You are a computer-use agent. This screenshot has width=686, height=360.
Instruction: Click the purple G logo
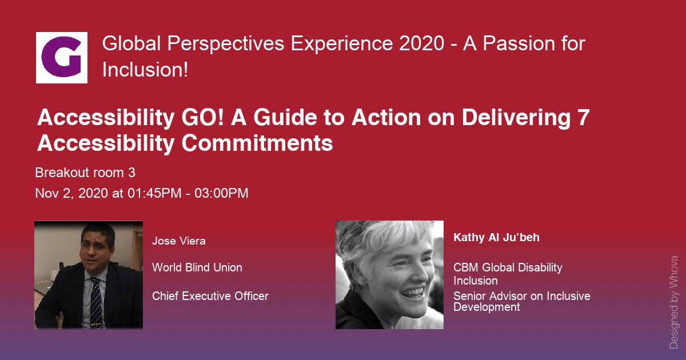click(62, 57)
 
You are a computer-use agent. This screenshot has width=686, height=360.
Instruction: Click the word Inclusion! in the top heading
click(145, 70)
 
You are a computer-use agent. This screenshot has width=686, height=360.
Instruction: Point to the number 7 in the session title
click(584, 117)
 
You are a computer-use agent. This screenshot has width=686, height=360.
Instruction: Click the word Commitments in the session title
click(257, 143)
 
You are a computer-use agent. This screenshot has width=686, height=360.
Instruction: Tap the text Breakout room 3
click(85, 173)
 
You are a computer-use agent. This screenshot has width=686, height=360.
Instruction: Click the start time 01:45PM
click(154, 193)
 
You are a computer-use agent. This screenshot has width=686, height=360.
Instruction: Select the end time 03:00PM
click(221, 193)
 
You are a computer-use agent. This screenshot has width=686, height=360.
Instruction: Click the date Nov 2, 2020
click(71, 193)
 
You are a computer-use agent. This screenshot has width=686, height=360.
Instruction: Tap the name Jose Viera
click(178, 241)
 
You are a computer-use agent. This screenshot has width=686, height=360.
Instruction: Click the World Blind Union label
click(197, 267)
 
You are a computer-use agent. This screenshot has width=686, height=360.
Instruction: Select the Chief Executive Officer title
click(210, 296)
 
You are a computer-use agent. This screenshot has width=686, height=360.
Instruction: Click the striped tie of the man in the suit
click(96, 302)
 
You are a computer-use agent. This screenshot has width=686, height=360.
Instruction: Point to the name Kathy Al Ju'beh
click(496, 238)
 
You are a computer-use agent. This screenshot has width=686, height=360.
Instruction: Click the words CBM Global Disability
click(508, 267)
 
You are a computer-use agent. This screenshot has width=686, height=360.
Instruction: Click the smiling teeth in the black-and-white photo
click(413, 293)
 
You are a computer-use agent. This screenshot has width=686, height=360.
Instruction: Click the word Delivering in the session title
click(516, 118)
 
